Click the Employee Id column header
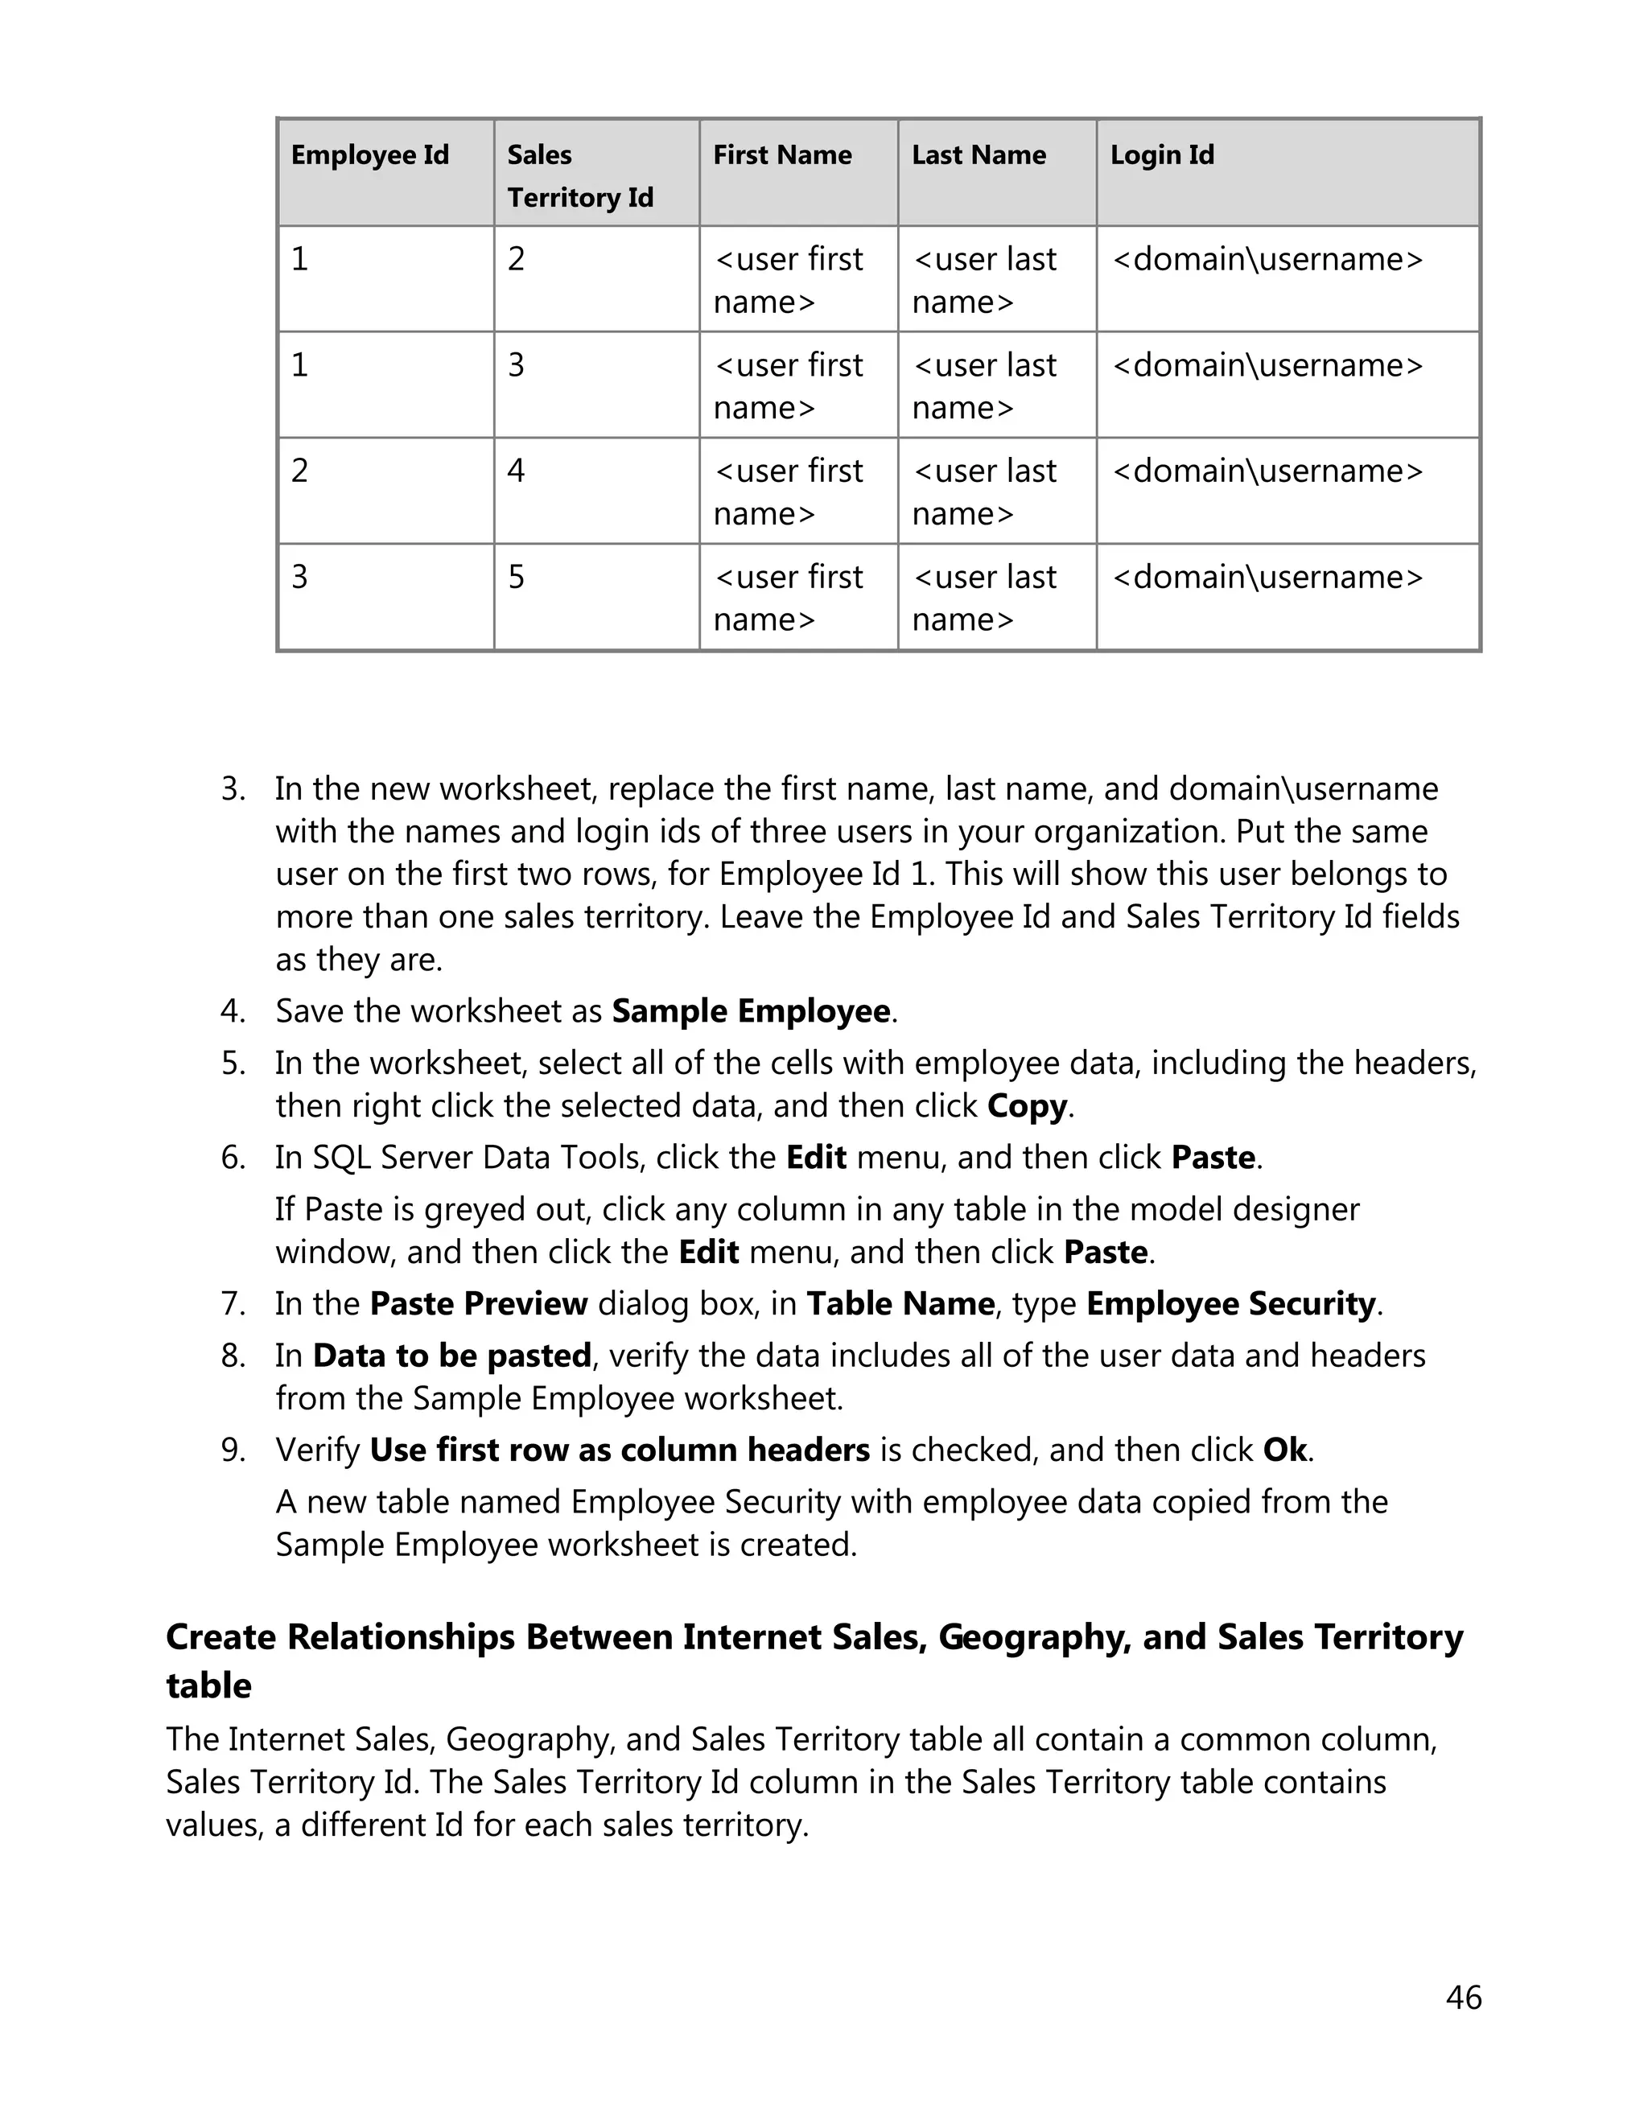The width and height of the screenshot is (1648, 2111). (x=369, y=155)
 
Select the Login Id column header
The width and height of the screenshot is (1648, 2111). (x=1161, y=155)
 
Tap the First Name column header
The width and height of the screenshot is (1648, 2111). (x=782, y=155)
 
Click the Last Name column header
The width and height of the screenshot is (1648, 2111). (x=978, y=155)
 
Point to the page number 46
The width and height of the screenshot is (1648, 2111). (x=1462, y=1998)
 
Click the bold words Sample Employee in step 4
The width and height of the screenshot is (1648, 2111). (x=751, y=1011)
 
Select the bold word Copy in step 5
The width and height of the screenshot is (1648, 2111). (x=1027, y=1105)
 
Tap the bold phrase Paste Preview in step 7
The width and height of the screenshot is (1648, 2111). (x=479, y=1304)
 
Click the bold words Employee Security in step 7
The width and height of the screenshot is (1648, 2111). (x=1230, y=1304)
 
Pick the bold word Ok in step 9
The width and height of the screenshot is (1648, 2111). (x=1284, y=1450)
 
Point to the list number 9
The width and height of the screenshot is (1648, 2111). (x=232, y=1450)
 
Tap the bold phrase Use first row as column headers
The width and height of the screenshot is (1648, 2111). (x=620, y=1450)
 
